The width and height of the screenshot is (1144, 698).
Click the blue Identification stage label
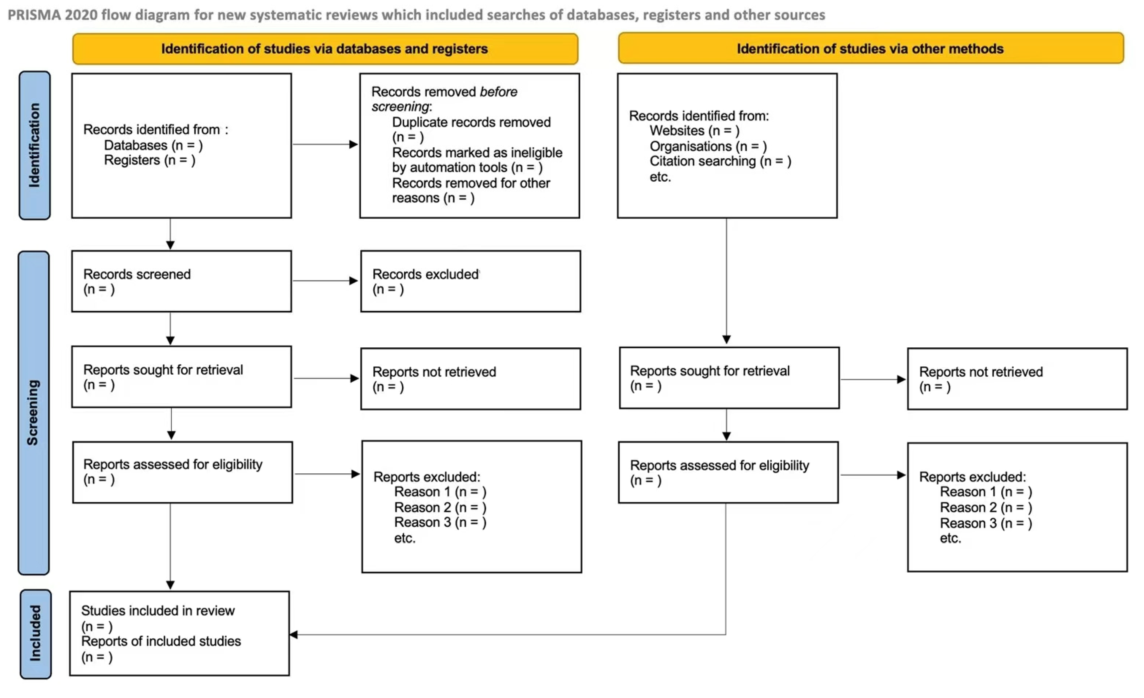click(x=34, y=145)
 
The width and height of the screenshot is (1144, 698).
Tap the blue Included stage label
click(x=35, y=633)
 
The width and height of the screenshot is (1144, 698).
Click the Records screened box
click(x=181, y=281)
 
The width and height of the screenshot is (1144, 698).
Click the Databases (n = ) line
click(x=153, y=145)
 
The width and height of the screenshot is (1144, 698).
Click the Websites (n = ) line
click(x=694, y=131)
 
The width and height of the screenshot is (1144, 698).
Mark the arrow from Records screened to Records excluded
click(x=325, y=281)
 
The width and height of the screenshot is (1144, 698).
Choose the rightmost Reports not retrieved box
click(x=1017, y=379)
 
